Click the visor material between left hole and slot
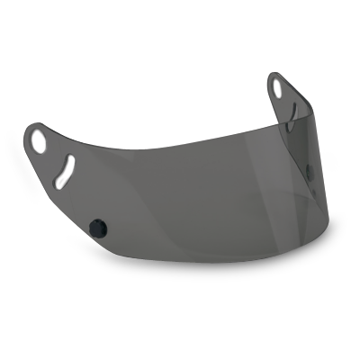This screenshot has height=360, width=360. click(52, 153)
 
